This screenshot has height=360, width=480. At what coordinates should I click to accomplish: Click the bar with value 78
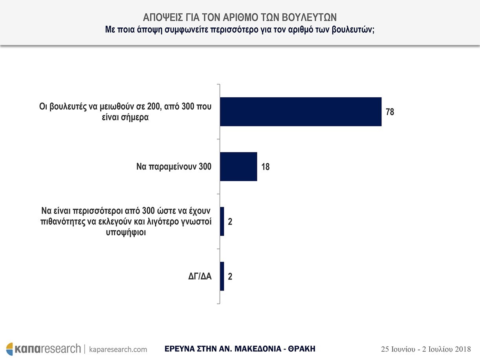pyautogui.click(x=300, y=111)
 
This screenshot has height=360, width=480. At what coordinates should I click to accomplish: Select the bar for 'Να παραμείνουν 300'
pyautogui.click(x=238, y=166)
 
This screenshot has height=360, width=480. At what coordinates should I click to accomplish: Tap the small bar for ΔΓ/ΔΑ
pyautogui.click(x=222, y=276)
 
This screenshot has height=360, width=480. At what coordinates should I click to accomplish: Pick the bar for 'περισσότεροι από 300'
pyautogui.click(x=222, y=221)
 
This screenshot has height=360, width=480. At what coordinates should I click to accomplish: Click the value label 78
pyautogui.click(x=390, y=112)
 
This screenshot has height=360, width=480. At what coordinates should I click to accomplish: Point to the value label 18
pyautogui.click(x=265, y=167)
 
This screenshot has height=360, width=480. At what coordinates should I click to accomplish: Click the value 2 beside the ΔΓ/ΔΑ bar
pyautogui.click(x=230, y=277)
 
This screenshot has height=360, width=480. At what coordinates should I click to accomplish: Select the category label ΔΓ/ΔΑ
pyautogui.click(x=200, y=276)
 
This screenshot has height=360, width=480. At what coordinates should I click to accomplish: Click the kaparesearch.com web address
pyautogui.click(x=118, y=349)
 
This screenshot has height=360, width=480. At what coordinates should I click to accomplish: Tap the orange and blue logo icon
pyautogui.click(x=10, y=349)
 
